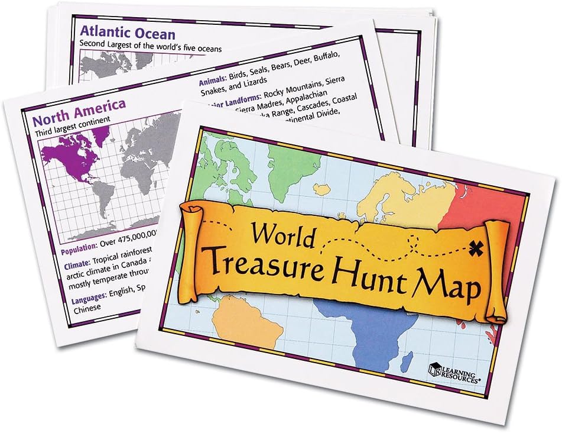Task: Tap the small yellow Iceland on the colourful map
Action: (323, 189)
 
